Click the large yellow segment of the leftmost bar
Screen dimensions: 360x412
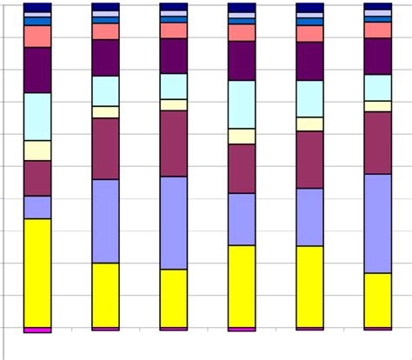[x=37, y=272]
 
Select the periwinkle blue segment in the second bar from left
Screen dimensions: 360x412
[x=105, y=221]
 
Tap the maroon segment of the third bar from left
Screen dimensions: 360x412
[x=173, y=143]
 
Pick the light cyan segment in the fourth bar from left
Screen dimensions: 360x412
[x=242, y=104]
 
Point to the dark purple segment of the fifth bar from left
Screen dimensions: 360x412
[x=309, y=61]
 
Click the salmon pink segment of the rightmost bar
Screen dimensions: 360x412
[x=377, y=30]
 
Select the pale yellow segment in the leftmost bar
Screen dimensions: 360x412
[x=37, y=150]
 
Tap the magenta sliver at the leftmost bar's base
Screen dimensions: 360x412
[x=37, y=330]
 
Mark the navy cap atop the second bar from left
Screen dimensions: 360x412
[x=105, y=7]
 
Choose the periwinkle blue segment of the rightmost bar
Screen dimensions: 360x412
[x=377, y=223]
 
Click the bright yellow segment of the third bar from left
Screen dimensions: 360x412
[x=173, y=298]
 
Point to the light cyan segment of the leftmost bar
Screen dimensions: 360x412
[x=37, y=117]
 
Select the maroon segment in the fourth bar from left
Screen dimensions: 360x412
[x=242, y=169]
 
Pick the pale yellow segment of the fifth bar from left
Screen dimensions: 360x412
[x=309, y=124]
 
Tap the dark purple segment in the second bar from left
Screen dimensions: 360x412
[x=105, y=58]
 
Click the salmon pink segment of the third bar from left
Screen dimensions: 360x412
[x=173, y=30]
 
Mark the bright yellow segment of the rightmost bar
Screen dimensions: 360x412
[x=377, y=300]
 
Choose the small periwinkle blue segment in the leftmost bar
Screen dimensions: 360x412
[x=37, y=207]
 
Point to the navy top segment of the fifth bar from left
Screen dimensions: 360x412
[x=309, y=7]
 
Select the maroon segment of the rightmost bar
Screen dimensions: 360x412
[x=377, y=143]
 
